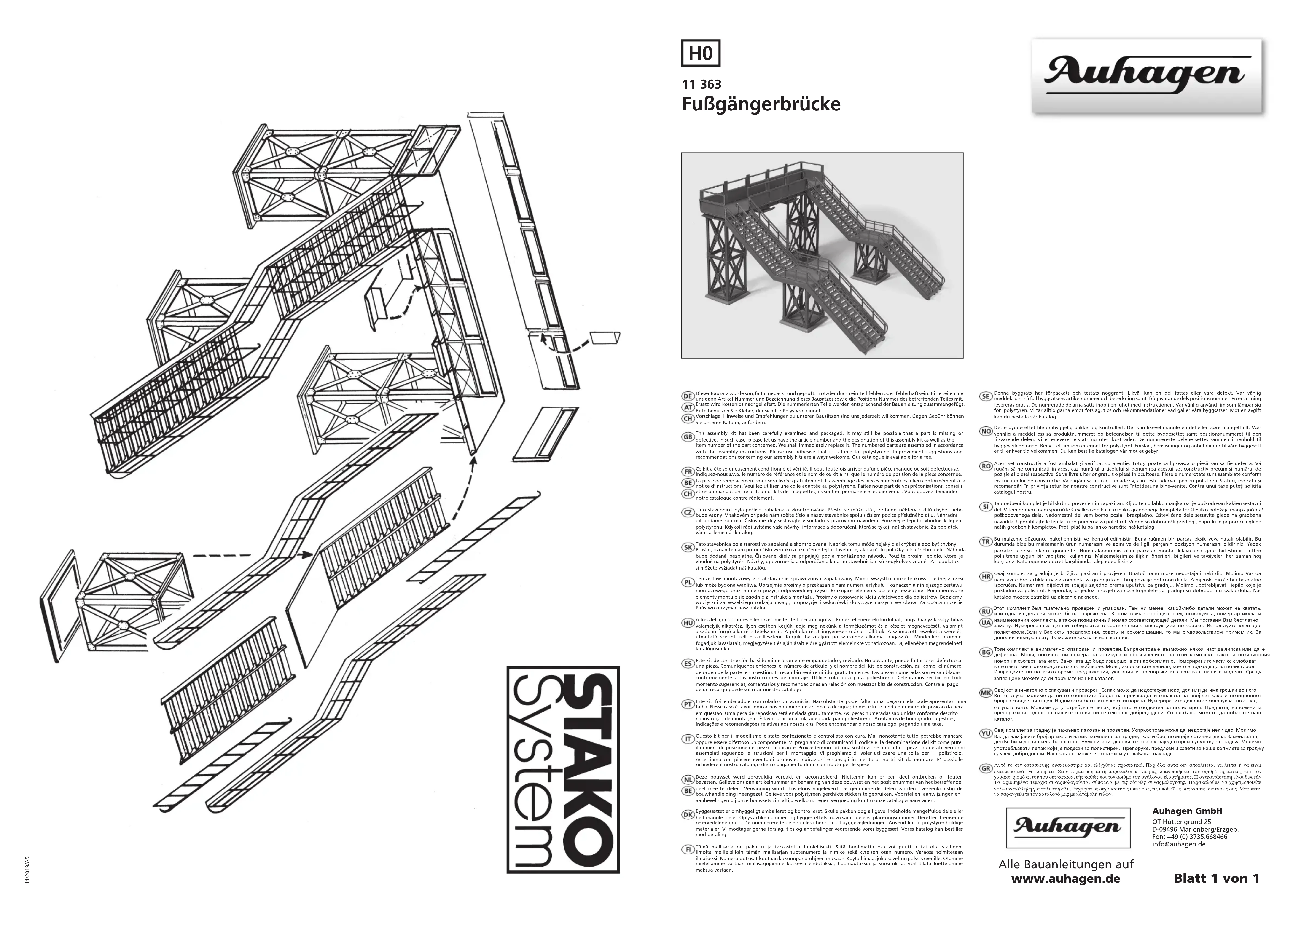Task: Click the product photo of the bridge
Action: click(822, 255)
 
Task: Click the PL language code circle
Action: click(688, 582)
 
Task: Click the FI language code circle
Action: click(688, 866)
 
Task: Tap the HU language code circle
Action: click(688, 623)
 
